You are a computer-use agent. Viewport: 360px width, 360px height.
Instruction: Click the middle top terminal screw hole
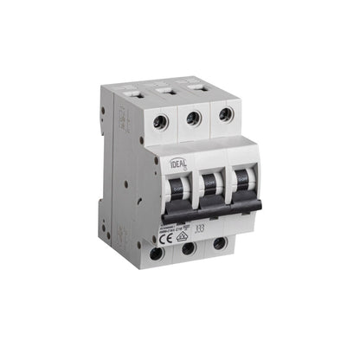click(x=193, y=118)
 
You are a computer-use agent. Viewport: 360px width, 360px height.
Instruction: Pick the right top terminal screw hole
click(x=225, y=113)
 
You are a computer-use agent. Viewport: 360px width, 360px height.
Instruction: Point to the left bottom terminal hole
click(x=156, y=254)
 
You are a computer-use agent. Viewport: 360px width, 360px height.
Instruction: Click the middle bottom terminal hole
click(x=188, y=250)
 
